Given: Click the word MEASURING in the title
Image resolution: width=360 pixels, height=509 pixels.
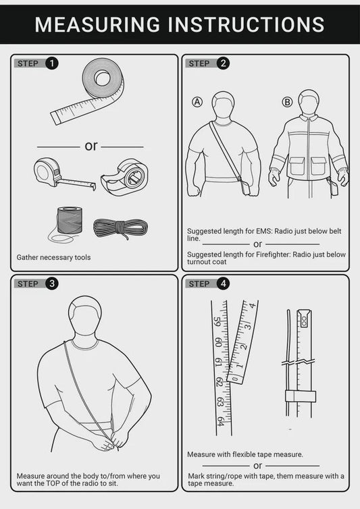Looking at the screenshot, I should click(x=97, y=24).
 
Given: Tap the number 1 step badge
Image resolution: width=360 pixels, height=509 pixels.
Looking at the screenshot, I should click(x=52, y=63).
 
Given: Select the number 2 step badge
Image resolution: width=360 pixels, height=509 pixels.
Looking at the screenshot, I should click(x=224, y=63).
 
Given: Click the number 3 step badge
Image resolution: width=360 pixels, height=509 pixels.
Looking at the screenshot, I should click(x=52, y=284).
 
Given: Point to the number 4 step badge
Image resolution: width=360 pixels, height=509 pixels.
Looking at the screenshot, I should click(x=224, y=284).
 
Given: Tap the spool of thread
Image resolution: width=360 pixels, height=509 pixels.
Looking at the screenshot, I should click(x=69, y=220).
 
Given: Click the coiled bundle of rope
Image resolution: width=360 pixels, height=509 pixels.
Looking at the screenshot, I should click(x=120, y=227).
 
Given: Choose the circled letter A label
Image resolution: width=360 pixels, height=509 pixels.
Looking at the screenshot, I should click(x=197, y=102).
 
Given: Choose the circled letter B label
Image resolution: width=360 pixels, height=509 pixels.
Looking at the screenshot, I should click(x=287, y=102).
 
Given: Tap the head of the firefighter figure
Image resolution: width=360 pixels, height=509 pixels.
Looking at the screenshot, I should click(x=309, y=103).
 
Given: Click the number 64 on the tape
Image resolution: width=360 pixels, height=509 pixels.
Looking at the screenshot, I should click(x=221, y=421).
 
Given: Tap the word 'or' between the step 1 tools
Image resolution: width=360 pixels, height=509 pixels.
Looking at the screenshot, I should click(x=91, y=146).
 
